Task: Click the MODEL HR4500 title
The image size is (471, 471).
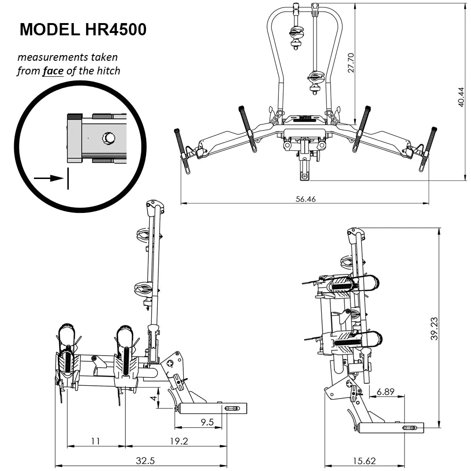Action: click(x=83, y=30)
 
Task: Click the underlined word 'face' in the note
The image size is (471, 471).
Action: click(x=53, y=71)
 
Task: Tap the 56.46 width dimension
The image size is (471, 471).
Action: click(x=305, y=199)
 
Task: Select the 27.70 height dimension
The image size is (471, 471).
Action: click(x=350, y=62)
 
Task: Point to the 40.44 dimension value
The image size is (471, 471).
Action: click(x=461, y=97)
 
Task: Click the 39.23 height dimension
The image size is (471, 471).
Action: click(x=434, y=328)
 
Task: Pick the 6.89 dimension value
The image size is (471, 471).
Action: click(x=386, y=392)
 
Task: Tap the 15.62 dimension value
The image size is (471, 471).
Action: click(x=364, y=461)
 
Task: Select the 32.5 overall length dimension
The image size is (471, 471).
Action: click(x=145, y=461)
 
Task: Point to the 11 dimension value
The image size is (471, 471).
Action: click(x=96, y=441)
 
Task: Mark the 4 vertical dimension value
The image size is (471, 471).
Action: click(x=153, y=398)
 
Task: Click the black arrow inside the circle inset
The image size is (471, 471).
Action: click(x=49, y=178)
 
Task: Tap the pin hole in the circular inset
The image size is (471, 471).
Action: click(x=109, y=138)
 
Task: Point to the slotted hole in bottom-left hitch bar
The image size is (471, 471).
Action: click(x=232, y=408)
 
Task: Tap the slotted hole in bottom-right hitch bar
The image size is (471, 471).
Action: click(x=408, y=428)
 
